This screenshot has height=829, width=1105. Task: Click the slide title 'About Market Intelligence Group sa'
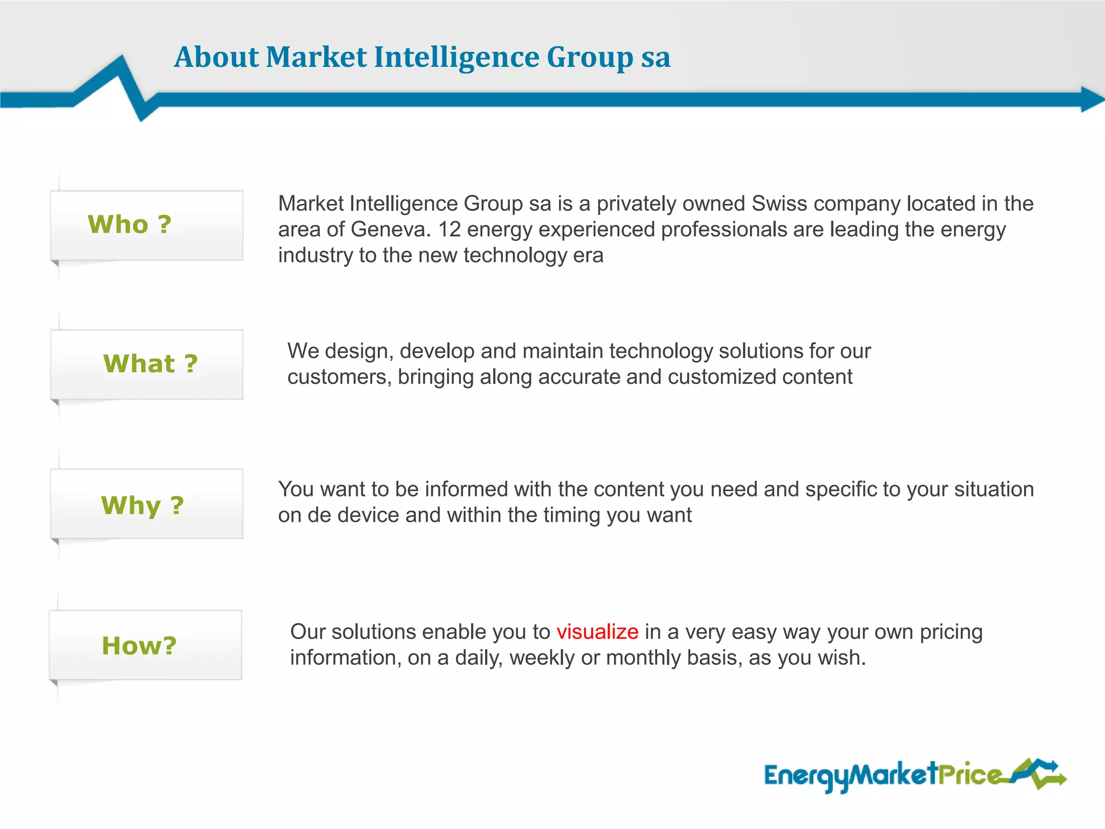pyautogui.click(x=422, y=57)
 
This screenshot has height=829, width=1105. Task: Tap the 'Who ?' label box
pyautogui.click(x=146, y=225)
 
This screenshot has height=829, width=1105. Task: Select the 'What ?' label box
pyautogui.click(x=147, y=364)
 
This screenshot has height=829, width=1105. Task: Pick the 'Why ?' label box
pyautogui.click(x=147, y=504)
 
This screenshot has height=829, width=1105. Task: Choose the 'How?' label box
pyautogui.click(x=145, y=645)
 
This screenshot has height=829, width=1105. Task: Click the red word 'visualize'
pyautogui.click(x=597, y=631)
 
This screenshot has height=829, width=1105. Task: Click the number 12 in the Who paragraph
pyautogui.click(x=449, y=229)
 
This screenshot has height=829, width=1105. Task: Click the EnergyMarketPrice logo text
pyautogui.click(x=883, y=776)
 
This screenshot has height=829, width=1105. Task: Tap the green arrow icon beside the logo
pyautogui.click(x=1039, y=774)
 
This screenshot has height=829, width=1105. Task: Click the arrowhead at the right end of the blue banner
pyautogui.click(x=1092, y=99)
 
